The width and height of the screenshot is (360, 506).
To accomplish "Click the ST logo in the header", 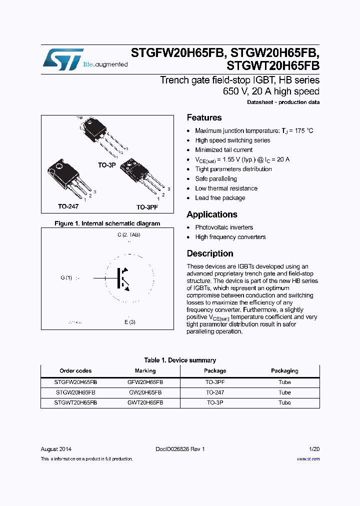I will pyautogui.click(x=63, y=59).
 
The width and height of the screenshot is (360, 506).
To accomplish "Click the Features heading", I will pyautogui.click(x=204, y=117).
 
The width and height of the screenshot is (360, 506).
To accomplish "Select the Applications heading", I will pyautogui.click(x=212, y=214).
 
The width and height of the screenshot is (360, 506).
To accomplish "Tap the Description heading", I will pyautogui.click(x=210, y=253).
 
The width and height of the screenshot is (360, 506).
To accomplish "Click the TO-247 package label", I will pyautogui.click(x=68, y=206).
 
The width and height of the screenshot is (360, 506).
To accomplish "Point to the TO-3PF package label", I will pyautogui.click(x=148, y=206).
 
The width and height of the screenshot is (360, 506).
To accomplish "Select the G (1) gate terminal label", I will pyautogui.click(x=66, y=278).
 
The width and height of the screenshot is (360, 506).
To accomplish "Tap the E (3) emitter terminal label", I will pyautogui.click(x=130, y=322).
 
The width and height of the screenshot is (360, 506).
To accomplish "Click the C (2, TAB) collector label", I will pyautogui.click(x=129, y=234).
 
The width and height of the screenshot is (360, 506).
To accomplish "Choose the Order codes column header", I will pyautogui.click(x=75, y=371).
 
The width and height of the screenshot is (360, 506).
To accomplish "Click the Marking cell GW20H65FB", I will pyautogui.click(x=145, y=392).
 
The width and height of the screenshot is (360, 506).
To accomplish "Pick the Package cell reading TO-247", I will pyautogui.click(x=215, y=392).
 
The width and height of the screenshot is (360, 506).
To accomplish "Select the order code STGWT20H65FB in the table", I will pyautogui.click(x=75, y=402).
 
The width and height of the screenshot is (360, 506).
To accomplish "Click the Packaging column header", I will pyautogui.click(x=284, y=371).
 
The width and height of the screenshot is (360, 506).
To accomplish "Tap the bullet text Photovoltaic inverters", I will pyautogui.click(x=224, y=227).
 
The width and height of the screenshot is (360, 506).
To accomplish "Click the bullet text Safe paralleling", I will pyautogui.click(x=216, y=178).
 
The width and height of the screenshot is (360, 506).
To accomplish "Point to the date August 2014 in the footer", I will pyautogui.click(x=56, y=449).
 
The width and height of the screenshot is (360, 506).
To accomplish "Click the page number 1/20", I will pyautogui.click(x=313, y=449).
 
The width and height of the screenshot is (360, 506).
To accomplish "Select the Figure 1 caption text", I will pyautogui.click(x=107, y=223).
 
